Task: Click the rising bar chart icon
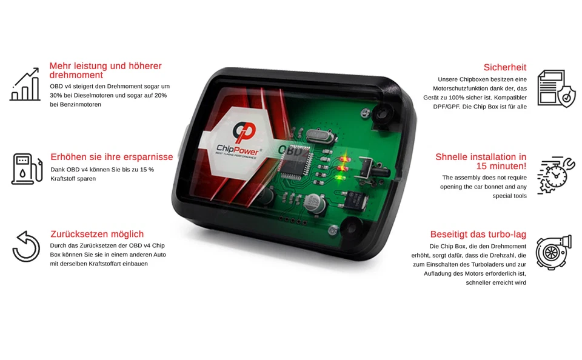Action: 25,85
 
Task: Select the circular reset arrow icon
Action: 26,246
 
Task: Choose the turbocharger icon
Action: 554,253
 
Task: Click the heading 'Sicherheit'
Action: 504,67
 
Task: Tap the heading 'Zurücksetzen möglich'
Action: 97,234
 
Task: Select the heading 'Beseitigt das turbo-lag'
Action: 478,234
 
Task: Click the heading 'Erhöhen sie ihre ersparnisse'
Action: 112,157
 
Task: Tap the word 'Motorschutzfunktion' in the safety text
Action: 467,88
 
